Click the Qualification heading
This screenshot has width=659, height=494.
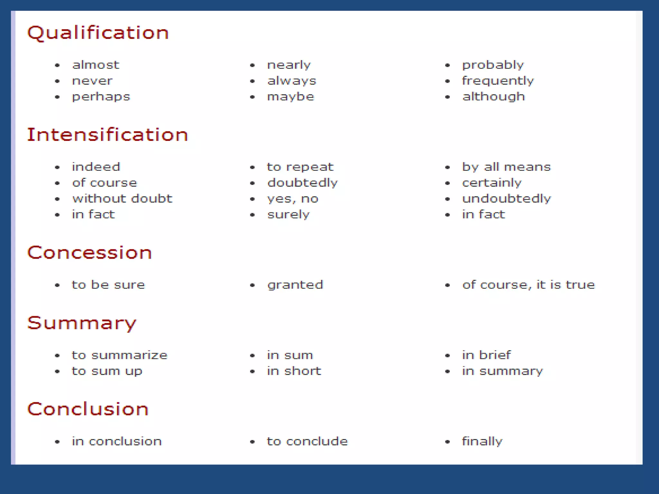[x=98, y=33]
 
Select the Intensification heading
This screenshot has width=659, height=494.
[x=107, y=135]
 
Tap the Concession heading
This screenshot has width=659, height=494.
[x=89, y=252]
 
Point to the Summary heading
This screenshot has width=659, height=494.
[x=82, y=323]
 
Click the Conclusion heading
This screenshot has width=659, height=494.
[x=88, y=409]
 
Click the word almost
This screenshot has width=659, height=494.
[x=96, y=65]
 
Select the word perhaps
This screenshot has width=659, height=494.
[x=101, y=97]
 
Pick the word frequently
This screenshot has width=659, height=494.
[x=498, y=81]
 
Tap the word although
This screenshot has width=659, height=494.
[x=494, y=97]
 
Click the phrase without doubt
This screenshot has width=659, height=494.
[x=122, y=199]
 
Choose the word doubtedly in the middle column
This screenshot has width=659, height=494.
[x=302, y=183]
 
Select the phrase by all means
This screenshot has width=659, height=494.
[x=506, y=167]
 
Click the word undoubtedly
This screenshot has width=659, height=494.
[x=506, y=199]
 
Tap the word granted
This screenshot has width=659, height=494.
[x=295, y=285]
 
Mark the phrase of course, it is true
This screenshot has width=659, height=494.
[x=529, y=285]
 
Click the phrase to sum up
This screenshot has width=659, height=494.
[x=107, y=371]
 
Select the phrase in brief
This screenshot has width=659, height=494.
[x=486, y=355]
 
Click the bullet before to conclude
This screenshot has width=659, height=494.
[x=252, y=442]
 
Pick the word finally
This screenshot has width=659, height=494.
[x=482, y=442]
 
